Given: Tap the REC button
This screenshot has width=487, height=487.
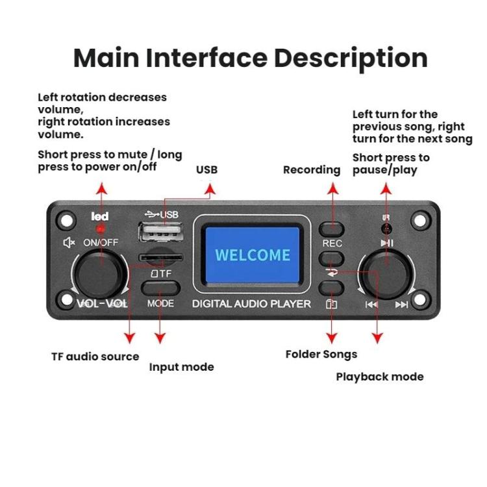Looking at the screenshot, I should coord(331,228).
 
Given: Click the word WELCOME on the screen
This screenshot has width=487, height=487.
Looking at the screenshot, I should coord(253,254).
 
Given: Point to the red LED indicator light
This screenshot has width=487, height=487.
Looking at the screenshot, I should coord(101,230).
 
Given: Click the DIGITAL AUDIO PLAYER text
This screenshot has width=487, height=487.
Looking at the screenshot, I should coord(252,304).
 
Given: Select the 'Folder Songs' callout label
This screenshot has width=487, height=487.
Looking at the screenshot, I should coord(321,355).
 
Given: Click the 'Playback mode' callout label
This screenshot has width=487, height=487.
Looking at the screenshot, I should coord(379,377).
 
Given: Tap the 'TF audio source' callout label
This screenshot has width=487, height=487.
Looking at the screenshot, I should coord(95,356).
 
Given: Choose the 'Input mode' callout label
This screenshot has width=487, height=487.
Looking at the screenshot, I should coord(181,367).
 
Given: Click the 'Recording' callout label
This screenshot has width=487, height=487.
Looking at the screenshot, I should coord(311,170).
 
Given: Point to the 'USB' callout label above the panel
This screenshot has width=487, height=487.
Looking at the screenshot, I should coord(206,170).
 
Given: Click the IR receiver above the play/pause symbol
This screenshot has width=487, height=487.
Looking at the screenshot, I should coord(386,229).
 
